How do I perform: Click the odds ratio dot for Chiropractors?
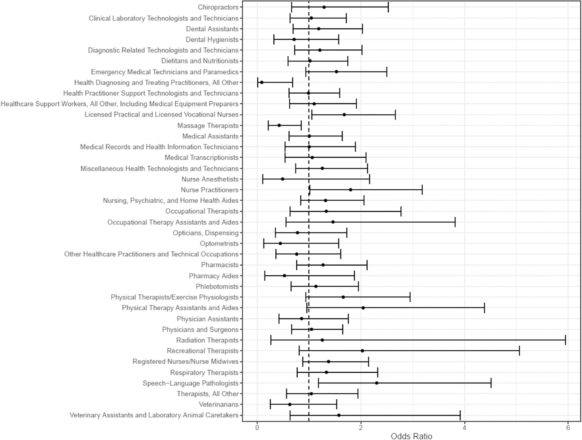(x=324, y=7)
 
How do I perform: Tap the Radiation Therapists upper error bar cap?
(x=565, y=340)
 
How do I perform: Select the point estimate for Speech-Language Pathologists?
(x=377, y=383)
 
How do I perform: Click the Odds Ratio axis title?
(x=411, y=436)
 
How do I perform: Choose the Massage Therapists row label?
(x=208, y=126)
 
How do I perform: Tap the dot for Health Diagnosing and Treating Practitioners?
(x=262, y=82)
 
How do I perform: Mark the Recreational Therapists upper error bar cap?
(x=519, y=351)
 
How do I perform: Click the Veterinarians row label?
(x=219, y=404)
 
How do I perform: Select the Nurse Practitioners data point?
(x=351, y=190)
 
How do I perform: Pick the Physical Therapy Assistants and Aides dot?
(x=363, y=308)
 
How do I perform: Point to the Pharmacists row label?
(x=220, y=265)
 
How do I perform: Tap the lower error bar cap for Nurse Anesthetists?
(x=263, y=179)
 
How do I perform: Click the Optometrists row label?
(x=219, y=243)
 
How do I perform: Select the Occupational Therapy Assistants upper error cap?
(x=455, y=222)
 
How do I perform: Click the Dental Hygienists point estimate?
(x=294, y=39)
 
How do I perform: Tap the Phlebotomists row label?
(x=217, y=287)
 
